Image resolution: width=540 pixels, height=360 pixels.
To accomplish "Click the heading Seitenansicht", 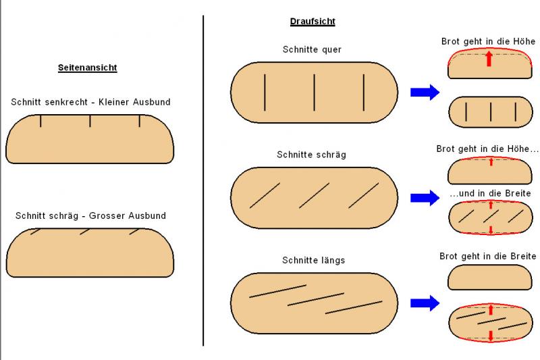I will (88, 68).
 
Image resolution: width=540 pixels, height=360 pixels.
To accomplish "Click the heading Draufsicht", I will (313, 22).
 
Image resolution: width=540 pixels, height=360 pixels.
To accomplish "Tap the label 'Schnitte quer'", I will (313, 49).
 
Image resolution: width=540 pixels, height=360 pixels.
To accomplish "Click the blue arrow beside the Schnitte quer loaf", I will (425, 92).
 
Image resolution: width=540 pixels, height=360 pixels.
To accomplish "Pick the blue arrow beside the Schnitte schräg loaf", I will (425, 197).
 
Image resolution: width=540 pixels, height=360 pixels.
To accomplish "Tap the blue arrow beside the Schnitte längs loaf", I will (425, 303).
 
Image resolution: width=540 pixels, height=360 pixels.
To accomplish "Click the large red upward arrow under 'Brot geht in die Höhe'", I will (489, 59).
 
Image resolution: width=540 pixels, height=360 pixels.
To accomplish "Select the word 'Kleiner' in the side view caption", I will (116, 102).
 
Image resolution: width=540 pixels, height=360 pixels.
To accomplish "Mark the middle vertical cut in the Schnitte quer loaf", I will (315, 92).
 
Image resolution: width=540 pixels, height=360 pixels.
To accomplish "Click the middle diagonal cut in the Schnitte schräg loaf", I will (314, 195).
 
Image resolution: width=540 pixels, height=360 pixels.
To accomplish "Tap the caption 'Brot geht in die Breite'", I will (488, 257).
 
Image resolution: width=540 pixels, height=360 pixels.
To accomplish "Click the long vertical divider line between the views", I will (203, 182).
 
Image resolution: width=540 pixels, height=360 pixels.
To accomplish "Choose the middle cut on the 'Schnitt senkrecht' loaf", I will (90, 121).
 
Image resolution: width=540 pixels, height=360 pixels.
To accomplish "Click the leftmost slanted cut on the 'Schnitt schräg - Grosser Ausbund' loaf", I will (36, 232).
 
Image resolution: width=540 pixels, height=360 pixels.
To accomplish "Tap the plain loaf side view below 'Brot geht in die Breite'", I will (489, 277).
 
